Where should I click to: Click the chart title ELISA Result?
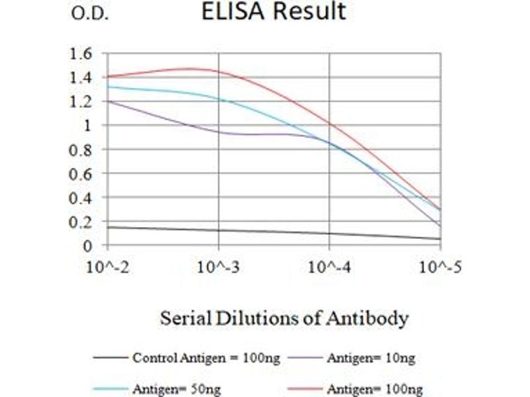[274, 12]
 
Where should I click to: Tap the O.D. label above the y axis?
[89, 14]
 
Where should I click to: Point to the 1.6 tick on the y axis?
[81, 53]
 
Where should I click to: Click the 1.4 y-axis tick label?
[81, 77]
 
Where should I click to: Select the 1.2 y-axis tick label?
[81, 101]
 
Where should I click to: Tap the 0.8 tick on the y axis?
[81, 150]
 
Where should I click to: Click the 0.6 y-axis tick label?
[81, 173]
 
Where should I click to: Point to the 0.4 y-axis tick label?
[81, 198]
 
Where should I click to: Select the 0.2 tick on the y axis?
[81, 222]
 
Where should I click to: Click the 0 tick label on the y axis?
[87, 246]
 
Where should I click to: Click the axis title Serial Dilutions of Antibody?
[284, 319]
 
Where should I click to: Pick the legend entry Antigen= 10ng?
[371, 358]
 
